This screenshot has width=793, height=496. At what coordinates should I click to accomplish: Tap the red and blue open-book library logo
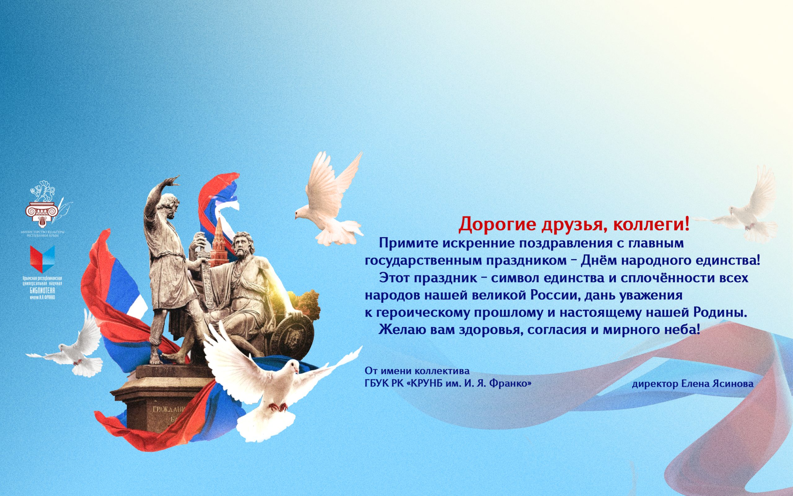(42, 259)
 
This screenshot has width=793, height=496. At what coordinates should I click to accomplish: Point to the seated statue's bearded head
(243, 245)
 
